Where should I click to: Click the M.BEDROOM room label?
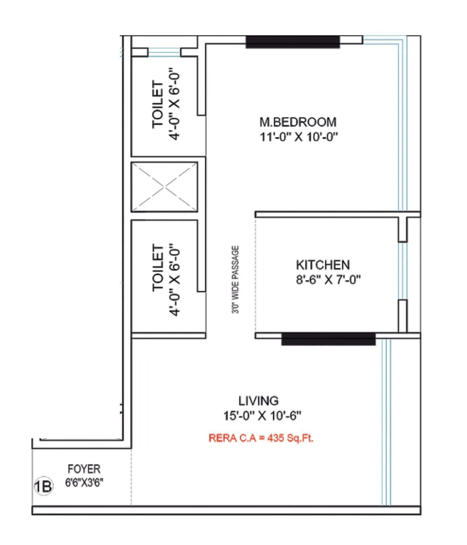tap(298, 122)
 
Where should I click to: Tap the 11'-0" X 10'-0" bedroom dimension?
tap(298, 137)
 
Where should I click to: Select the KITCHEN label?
tap(323, 265)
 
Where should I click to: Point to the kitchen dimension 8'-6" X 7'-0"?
tap(328, 280)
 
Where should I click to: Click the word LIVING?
tap(258, 401)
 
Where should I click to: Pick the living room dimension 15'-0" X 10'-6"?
tap(262, 416)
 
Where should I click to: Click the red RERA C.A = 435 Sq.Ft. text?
tap(261, 438)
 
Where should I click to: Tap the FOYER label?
tap(84, 469)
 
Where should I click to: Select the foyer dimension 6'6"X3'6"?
tap(84, 483)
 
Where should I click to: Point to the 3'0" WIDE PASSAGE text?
tap(235, 279)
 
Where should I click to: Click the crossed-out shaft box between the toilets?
tap(164, 187)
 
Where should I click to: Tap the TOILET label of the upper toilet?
tap(158, 104)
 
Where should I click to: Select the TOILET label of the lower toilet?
tap(158, 268)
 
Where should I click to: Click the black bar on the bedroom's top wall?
tap(293, 42)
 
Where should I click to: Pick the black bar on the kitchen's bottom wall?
tap(328, 339)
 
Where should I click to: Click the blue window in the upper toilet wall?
tap(164, 53)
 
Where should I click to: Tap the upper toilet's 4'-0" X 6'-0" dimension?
tap(174, 105)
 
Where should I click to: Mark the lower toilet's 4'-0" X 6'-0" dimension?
tap(174, 280)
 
